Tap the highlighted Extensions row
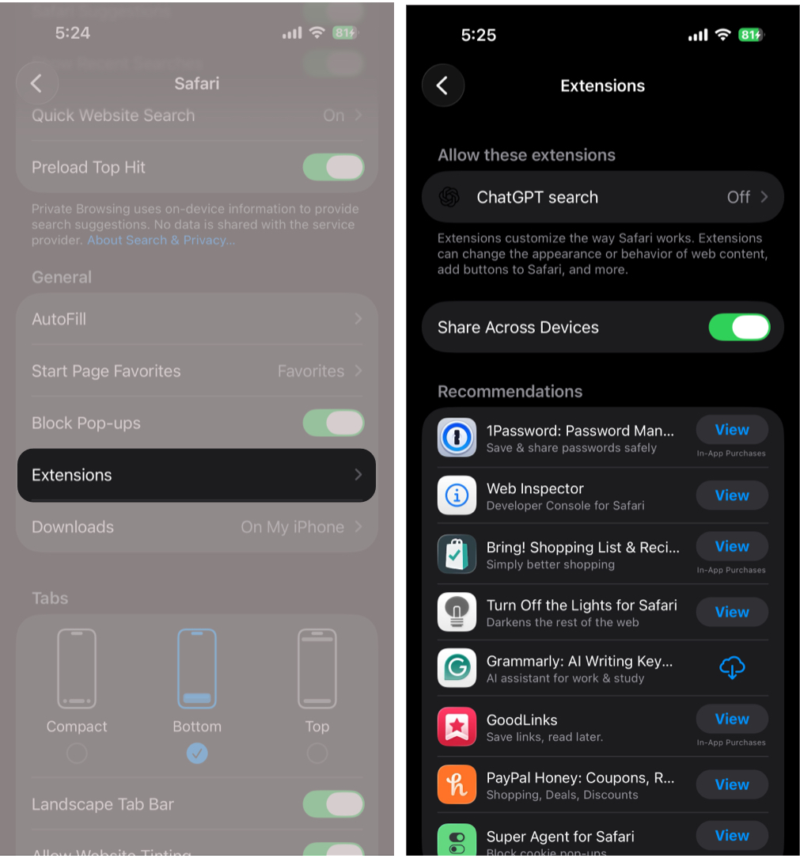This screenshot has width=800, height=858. (196, 475)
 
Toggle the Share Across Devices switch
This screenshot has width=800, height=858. (739, 327)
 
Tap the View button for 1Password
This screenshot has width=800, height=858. (732, 430)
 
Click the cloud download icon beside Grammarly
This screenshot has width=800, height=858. (732, 668)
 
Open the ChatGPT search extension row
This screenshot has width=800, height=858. (603, 197)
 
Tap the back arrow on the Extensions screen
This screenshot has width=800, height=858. (443, 85)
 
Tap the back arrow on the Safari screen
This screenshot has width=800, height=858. (36, 83)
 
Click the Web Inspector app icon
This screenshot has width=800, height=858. (457, 495)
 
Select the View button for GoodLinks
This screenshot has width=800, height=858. (732, 719)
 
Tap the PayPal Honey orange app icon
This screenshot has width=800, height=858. (457, 784)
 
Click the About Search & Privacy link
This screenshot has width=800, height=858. (161, 240)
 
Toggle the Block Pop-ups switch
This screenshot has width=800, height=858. (333, 423)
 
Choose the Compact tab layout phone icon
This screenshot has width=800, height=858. (77, 669)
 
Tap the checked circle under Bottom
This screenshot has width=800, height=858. (197, 753)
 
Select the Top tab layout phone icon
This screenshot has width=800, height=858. (317, 669)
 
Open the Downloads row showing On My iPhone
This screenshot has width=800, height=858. (196, 527)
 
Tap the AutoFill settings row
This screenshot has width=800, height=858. (196, 319)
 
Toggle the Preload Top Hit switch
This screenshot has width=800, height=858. (333, 167)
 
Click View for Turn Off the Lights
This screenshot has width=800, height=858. (732, 612)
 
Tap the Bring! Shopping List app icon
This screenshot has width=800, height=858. (457, 554)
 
